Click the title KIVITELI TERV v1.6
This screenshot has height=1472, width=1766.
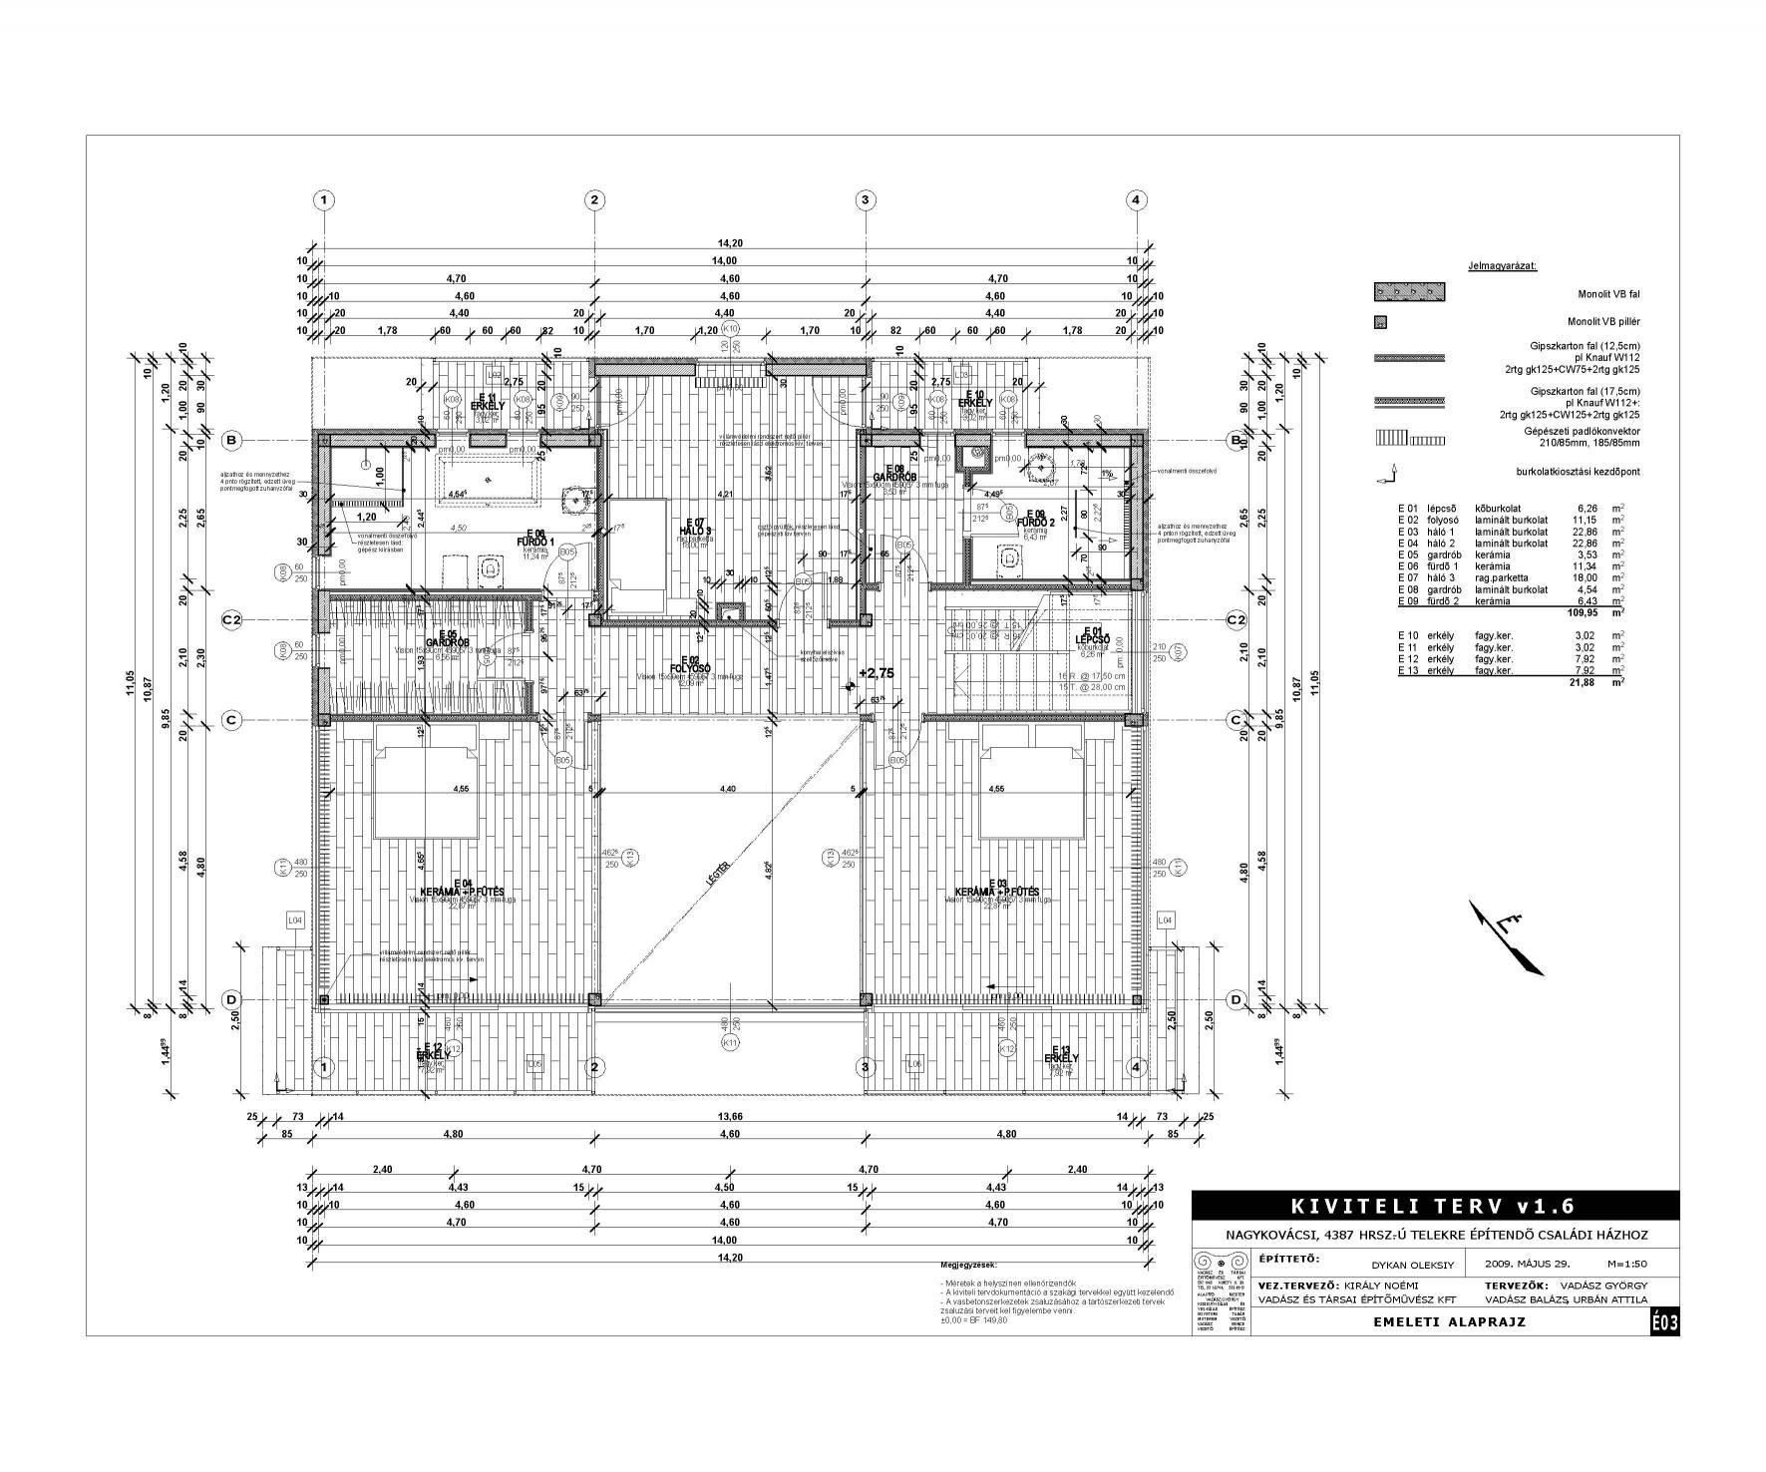(x=1434, y=1207)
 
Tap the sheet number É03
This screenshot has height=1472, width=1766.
(x=1665, y=1323)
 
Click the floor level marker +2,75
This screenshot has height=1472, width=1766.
(x=876, y=673)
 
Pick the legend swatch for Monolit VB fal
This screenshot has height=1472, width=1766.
(x=1410, y=293)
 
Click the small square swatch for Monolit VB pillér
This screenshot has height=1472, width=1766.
(x=1381, y=322)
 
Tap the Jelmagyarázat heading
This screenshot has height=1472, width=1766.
(x=1502, y=266)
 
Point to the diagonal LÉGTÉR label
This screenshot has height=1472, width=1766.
(x=713, y=874)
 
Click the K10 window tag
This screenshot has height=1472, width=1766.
(x=731, y=329)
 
